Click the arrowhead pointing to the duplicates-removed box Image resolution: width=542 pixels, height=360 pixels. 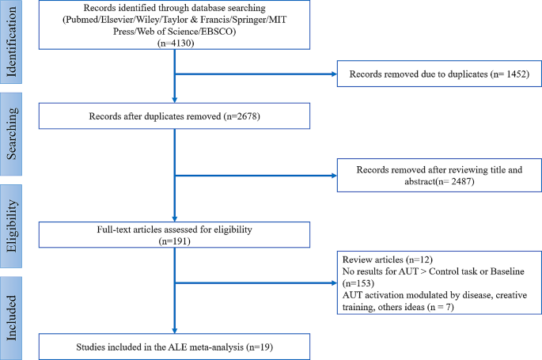pyautogui.click(x=332, y=76)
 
